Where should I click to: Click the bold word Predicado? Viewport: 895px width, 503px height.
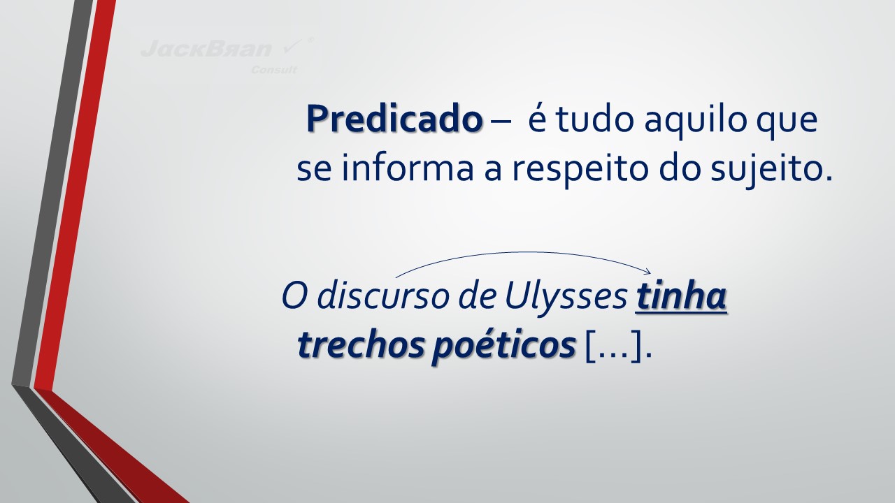coord(394,119)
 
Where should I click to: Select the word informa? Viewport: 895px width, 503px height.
coord(408,167)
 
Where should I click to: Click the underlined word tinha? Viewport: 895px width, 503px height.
coord(681,297)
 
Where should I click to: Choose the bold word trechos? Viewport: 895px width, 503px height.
coord(361,344)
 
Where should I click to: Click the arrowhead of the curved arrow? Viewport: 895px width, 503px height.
coord(648,272)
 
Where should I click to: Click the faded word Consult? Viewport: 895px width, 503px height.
coord(274,70)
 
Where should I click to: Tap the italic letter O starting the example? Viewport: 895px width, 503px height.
coord(295,297)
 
